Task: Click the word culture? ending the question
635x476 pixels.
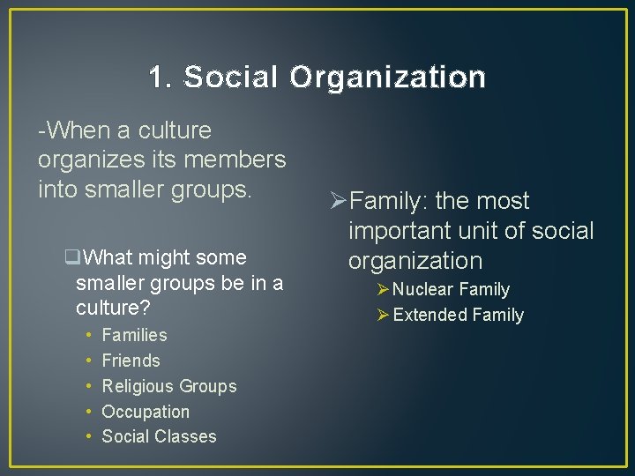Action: [113, 309]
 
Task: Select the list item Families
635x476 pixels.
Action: [134, 335]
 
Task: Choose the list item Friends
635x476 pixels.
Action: [131, 361]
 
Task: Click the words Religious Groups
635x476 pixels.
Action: [169, 386]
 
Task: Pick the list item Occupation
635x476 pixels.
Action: [146, 412]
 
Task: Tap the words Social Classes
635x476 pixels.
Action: [159, 436]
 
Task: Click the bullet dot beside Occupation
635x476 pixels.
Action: [91, 412]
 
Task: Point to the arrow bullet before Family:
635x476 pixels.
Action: [336, 202]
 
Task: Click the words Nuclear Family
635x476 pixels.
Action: [452, 289]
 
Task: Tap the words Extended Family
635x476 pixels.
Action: [458, 315]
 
